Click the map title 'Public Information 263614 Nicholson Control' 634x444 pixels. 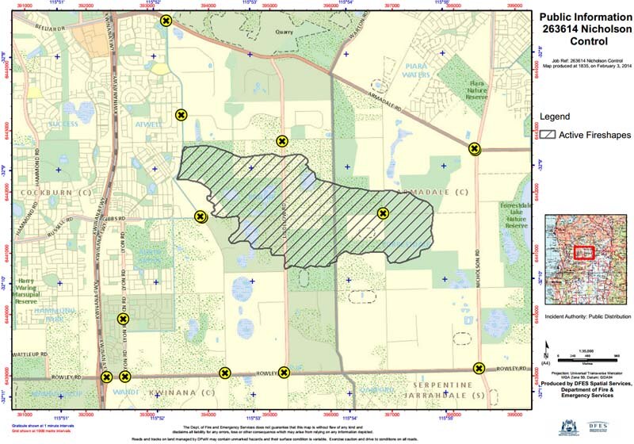pyautogui.click(x=585, y=24)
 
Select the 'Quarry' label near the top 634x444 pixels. pyautogui.click(x=284, y=33)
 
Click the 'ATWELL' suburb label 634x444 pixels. pyautogui.click(x=148, y=124)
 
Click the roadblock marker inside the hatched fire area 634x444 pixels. pyautogui.click(x=383, y=212)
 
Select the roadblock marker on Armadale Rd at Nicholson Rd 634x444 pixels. pyautogui.click(x=474, y=147)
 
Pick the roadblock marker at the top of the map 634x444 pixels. pyautogui.click(x=165, y=21)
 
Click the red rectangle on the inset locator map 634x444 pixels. pyautogui.click(x=583, y=252)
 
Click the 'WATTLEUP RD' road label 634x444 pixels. pyautogui.click(x=28, y=354)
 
